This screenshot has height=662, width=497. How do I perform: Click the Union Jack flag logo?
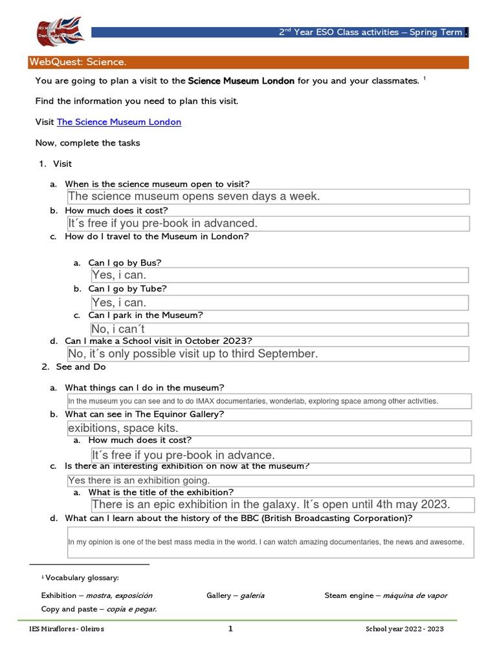tap(59, 32)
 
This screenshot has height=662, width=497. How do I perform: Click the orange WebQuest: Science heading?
tap(78, 62)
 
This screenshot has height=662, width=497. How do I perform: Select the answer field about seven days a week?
tap(268, 197)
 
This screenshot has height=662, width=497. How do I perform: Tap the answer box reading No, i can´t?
tap(280, 330)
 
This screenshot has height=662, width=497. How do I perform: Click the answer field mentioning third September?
tap(268, 354)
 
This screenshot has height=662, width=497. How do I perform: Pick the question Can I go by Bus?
tap(125, 262)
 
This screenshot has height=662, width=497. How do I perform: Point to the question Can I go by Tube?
tap(127, 289)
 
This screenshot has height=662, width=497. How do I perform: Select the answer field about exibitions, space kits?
tap(268, 428)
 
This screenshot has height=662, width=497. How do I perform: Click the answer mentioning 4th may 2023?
tap(283, 504)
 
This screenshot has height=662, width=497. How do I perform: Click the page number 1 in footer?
tap(230, 629)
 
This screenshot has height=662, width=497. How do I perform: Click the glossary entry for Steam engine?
tap(386, 595)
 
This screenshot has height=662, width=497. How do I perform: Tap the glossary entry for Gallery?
tap(236, 595)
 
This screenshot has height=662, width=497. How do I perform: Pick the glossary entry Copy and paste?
tap(98, 609)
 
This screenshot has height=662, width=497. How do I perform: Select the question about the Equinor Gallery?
tap(144, 414)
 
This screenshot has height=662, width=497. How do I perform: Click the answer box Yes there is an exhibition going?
tap(271, 480)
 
